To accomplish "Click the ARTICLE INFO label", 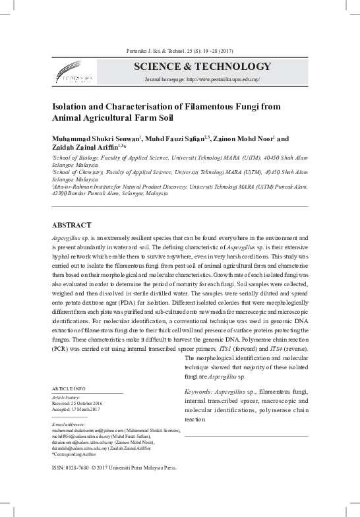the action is [x=70, y=390].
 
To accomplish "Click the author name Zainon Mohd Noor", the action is [x=246, y=139].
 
